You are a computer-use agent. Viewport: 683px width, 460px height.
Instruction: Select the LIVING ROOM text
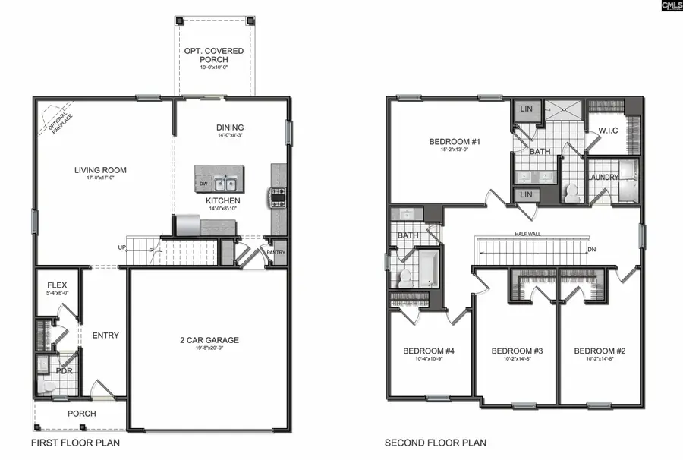click(99, 170)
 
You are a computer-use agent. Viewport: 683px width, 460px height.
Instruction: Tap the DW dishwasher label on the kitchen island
click(203, 184)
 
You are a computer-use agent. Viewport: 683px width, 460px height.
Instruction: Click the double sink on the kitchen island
click(225, 183)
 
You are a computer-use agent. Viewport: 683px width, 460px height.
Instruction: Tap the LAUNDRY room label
click(603, 178)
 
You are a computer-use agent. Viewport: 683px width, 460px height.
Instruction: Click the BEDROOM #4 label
click(428, 351)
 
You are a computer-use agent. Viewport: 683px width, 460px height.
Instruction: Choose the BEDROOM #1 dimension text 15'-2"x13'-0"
click(455, 150)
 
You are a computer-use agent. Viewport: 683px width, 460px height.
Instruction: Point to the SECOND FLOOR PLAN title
click(436, 443)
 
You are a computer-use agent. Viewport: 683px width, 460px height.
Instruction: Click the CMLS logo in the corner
click(672, 6)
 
